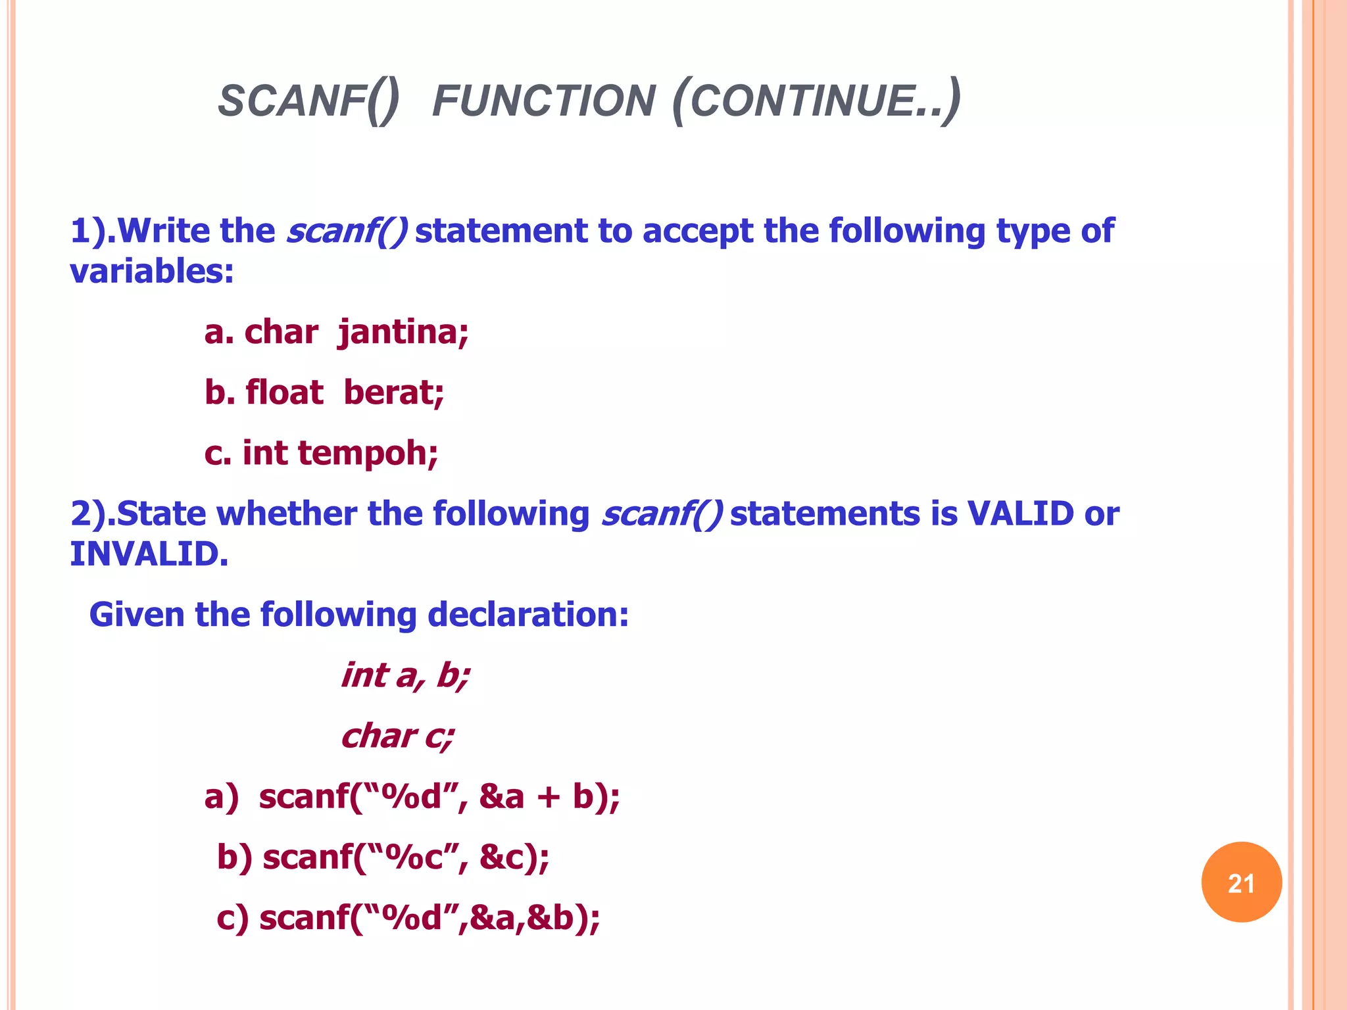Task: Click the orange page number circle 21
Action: [1241, 882]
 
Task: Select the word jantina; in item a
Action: [403, 332]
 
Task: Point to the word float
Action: [284, 393]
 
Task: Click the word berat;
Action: [393, 393]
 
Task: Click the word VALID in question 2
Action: [1020, 514]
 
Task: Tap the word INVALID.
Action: [149, 554]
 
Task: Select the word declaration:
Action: [528, 615]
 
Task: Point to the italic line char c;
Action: [397, 736]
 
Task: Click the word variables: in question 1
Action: [152, 272]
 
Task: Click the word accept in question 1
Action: [697, 231]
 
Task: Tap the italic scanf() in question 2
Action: [662, 514]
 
